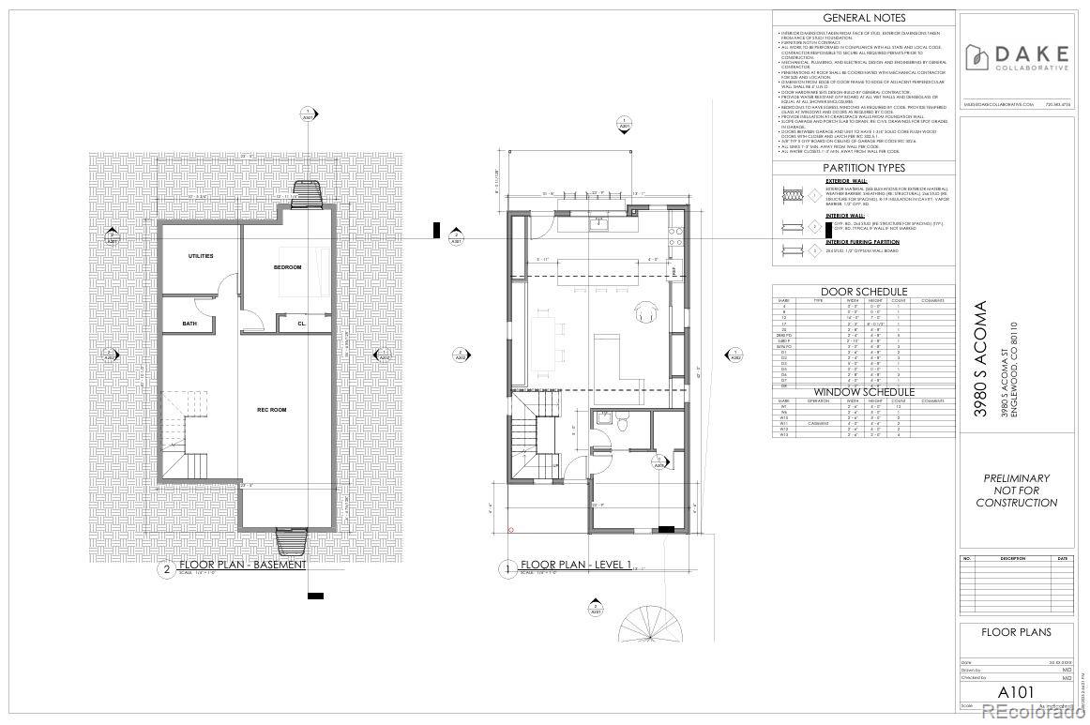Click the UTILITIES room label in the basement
(x=201, y=255)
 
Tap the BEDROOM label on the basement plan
(x=287, y=267)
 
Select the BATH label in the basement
(x=189, y=324)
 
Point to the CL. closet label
(x=302, y=324)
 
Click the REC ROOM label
(x=271, y=409)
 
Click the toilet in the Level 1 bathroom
(x=622, y=425)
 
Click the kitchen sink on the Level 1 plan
(x=598, y=223)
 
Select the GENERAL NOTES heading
(x=864, y=18)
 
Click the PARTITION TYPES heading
(x=864, y=168)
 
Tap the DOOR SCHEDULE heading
(x=864, y=292)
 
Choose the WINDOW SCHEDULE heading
(x=864, y=392)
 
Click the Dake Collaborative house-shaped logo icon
(x=976, y=57)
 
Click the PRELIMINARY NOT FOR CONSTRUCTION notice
(x=1016, y=491)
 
